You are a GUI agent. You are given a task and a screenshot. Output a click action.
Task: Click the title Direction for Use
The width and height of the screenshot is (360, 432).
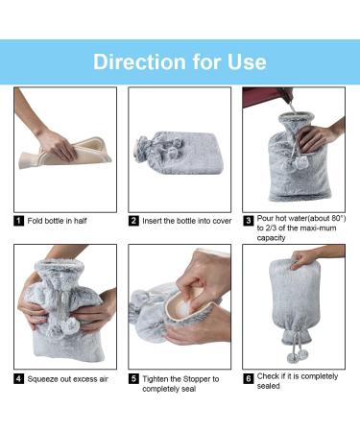[x=180, y=61]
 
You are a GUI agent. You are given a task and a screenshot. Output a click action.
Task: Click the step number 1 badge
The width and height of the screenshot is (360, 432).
[x=18, y=221]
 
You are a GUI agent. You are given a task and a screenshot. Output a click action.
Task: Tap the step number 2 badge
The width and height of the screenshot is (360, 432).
[x=133, y=221]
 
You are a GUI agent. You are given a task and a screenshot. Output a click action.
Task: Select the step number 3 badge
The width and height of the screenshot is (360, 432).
[x=248, y=221]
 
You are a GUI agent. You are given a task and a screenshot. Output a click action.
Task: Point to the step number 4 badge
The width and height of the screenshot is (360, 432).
[x=18, y=378]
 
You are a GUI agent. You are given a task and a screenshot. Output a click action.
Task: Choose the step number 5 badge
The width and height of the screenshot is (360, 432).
[x=133, y=379]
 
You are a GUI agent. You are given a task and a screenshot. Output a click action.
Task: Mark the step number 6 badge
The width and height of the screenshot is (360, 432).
[x=248, y=379]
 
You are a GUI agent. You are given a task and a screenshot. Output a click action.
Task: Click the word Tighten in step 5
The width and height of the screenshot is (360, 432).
[x=159, y=379]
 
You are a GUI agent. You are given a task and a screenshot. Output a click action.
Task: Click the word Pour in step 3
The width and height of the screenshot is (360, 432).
[x=267, y=220]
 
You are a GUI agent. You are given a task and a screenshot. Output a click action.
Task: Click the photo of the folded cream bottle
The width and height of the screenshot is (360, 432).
[x=64, y=149]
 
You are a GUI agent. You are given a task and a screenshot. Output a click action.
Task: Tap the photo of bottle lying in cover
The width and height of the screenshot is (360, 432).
[x=180, y=149]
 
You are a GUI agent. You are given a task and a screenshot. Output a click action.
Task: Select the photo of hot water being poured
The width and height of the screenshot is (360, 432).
[x=294, y=149]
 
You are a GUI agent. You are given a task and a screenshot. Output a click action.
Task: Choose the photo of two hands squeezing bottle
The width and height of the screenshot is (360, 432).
[x=64, y=305]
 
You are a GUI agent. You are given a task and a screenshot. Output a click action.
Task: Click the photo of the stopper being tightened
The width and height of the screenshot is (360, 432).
[x=180, y=305]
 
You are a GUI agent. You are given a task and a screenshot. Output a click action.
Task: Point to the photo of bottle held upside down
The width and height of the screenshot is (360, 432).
[x=294, y=305]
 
